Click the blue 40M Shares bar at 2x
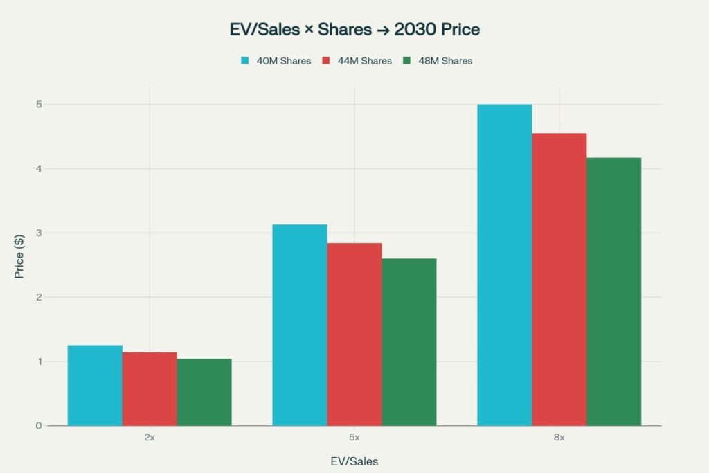coord(95,385)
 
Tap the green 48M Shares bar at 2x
coord(204,392)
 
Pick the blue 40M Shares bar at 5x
coord(300,325)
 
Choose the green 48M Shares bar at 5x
coord(409,342)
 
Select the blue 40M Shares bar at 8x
coord(505,265)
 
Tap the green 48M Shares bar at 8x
coord(614,292)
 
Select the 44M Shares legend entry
coord(356,61)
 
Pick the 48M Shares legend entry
coord(437,61)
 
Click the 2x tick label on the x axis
coord(150,438)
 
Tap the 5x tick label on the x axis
coord(354,438)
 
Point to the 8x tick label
coord(559,438)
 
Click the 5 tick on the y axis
coord(39,105)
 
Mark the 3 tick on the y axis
coord(39,233)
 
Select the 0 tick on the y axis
coord(39,425)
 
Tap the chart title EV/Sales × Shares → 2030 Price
coord(354,30)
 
